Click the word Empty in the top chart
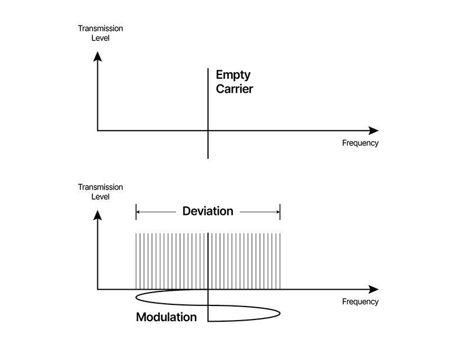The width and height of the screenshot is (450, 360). click(x=233, y=75)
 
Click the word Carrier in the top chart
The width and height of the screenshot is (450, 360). click(x=235, y=89)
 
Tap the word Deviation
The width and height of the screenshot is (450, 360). click(x=208, y=211)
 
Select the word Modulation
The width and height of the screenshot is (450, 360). click(x=166, y=317)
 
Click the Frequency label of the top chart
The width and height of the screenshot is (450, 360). click(x=360, y=143)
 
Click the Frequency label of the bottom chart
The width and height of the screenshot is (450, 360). click(x=360, y=302)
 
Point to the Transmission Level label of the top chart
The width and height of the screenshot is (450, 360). click(x=100, y=33)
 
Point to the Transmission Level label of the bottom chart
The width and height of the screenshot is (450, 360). click(x=100, y=192)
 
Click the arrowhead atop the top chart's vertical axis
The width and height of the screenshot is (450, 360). click(x=98, y=55)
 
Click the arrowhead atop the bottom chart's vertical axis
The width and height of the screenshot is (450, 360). click(x=98, y=214)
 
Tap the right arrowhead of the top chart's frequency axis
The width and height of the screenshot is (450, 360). click(x=373, y=130)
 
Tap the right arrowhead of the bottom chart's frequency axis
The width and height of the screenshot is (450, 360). click(x=373, y=290)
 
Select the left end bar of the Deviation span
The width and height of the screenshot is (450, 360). click(x=136, y=211)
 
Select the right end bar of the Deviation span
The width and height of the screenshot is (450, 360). click(x=280, y=211)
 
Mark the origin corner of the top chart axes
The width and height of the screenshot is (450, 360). click(x=98, y=130)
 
